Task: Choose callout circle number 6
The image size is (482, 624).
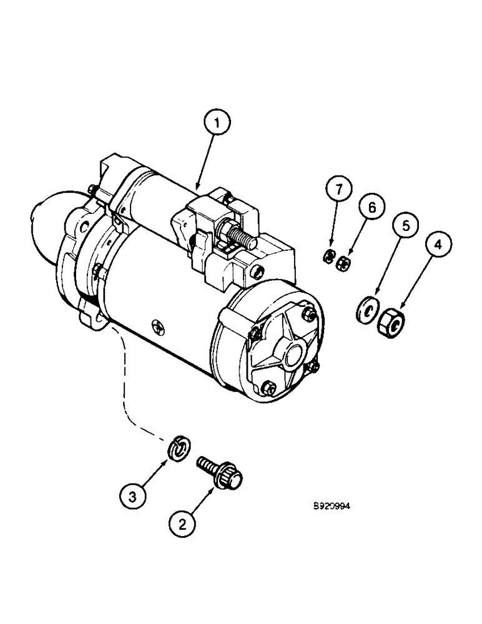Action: pos(371,208)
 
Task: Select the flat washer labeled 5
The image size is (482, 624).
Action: pos(366,308)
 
